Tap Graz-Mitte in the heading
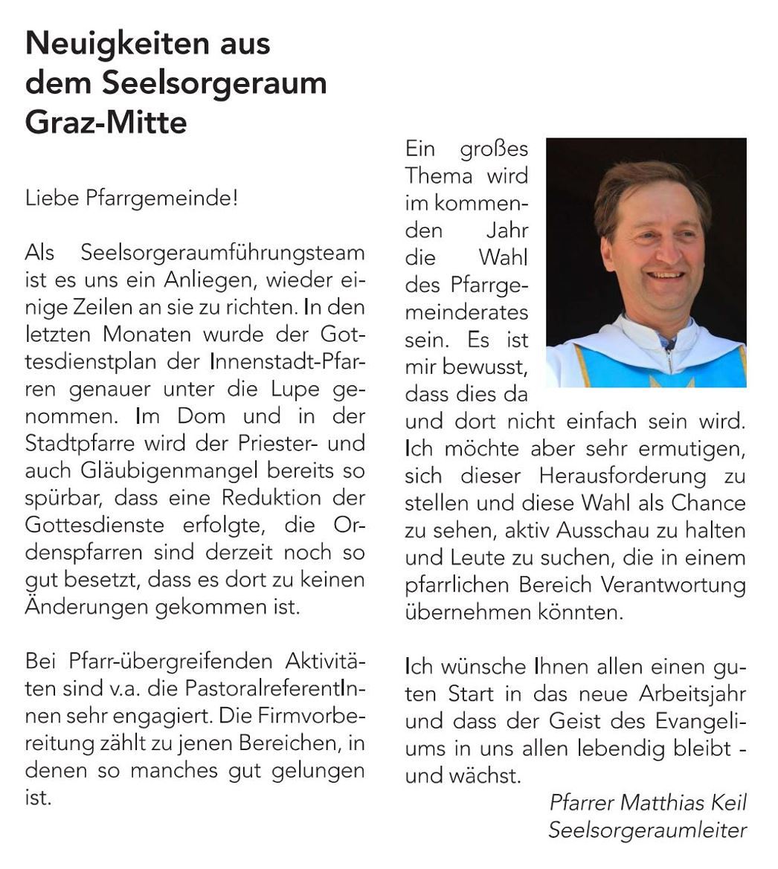106,122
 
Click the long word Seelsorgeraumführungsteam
222,253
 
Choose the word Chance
708,503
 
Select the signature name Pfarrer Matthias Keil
648,803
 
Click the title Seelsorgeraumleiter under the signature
647,830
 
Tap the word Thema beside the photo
439,176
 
